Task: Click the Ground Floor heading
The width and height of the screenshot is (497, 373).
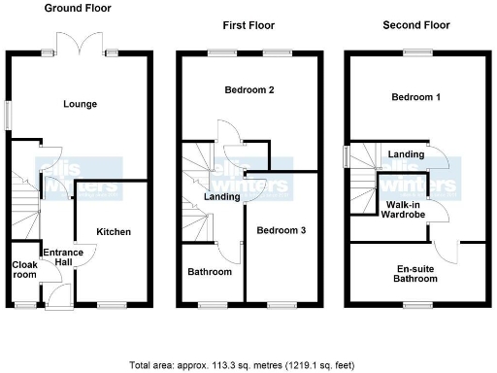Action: [79, 8]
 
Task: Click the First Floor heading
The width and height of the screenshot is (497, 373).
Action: [248, 25]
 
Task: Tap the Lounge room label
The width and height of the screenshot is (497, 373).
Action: [80, 104]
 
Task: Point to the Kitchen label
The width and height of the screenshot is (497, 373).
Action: [114, 231]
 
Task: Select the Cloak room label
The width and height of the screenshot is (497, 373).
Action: [24, 269]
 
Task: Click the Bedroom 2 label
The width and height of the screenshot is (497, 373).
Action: [250, 90]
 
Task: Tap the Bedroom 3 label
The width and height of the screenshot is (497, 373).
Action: [282, 230]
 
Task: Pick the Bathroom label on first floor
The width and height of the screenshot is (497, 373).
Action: [210, 272]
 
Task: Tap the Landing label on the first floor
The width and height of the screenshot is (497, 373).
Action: [221, 197]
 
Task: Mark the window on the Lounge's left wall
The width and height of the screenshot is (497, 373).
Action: [9, 114]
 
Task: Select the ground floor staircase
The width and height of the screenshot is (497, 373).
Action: [26, 199]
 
